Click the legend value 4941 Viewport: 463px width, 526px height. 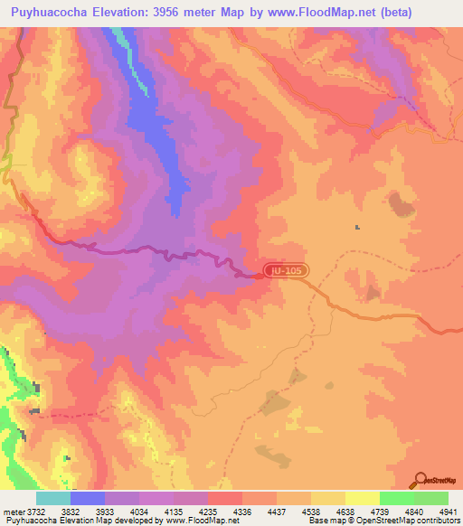click(x=448, y=510)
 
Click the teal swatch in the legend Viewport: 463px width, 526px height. click(x=53, y=498)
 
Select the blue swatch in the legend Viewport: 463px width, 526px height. click(x=88, y=498)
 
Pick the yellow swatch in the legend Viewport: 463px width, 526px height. click(x=362, y=498)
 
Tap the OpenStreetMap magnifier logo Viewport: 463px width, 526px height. click(x=420, y=480)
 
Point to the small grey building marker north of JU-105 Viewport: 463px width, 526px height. click(x=358, y=227)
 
